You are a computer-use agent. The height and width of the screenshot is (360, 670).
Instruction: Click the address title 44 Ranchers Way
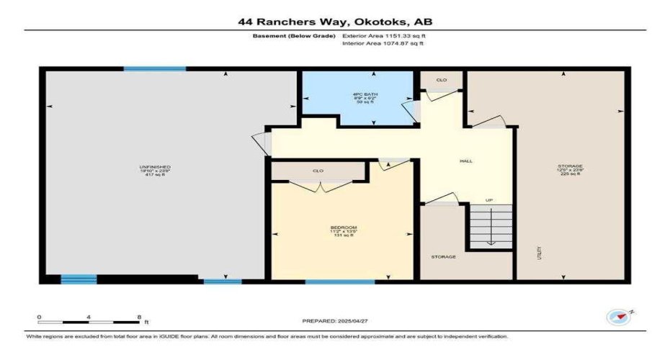335,22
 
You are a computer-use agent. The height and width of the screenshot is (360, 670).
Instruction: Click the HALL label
466,161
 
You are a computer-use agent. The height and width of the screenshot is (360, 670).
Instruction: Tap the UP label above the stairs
489,200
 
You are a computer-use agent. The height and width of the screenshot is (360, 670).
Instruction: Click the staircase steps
491,226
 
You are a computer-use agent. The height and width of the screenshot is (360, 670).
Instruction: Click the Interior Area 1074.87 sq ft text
383,43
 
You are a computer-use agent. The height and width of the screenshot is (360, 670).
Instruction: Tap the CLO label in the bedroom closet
318,171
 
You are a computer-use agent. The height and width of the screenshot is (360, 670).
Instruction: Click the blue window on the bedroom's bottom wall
339,282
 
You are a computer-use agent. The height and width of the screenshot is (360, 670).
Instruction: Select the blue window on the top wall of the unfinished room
154,69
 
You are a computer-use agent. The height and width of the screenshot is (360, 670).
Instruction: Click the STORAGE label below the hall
444,257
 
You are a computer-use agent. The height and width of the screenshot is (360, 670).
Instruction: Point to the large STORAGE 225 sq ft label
570,169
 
